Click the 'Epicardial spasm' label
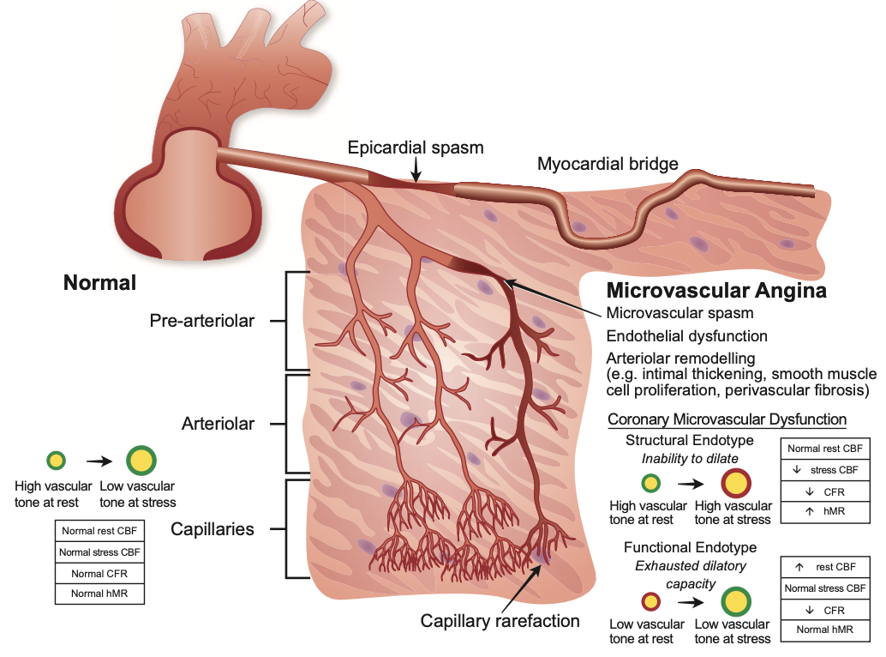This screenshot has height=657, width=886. pos(416,148)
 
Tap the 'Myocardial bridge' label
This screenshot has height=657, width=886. pos(608,164)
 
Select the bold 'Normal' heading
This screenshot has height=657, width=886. pos(99,282)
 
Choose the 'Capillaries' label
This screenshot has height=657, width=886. pos(212,529)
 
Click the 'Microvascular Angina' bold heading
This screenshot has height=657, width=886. pos(716,291)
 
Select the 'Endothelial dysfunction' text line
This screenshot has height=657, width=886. pos(686,335)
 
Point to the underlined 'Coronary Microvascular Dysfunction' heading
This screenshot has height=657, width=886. pos(727,419)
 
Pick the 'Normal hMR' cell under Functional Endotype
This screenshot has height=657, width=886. pos(824,630)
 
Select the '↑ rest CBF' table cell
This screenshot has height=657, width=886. pos(824,567)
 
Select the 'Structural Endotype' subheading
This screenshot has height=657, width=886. pos(690,440)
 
